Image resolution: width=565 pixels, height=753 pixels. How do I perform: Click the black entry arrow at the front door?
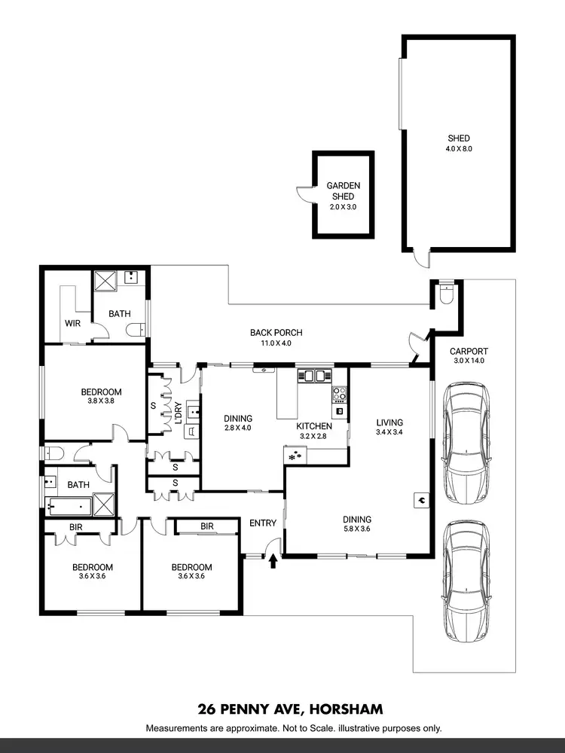(273, 559)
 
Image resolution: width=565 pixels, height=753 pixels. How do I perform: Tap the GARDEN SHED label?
(343, 191)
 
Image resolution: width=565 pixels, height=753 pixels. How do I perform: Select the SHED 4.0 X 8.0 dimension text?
(459, 148)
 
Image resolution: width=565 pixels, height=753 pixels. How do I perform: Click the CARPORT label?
(469, 351)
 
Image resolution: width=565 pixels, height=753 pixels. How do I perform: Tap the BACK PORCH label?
(276, 332)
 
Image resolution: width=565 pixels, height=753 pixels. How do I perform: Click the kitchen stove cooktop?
(339, 393)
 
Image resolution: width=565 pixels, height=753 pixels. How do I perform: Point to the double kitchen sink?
(315, 375)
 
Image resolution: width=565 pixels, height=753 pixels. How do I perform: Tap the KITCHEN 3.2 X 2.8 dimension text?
(313, 436)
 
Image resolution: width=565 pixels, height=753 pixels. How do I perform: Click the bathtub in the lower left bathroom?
(69, 505)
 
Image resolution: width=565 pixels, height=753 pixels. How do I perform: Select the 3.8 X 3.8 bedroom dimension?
(102, 402)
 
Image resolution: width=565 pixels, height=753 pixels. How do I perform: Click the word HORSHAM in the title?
(346, 709)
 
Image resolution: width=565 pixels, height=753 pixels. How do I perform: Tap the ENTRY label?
(263, 523)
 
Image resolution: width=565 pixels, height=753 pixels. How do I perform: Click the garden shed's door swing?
(304, 195)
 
